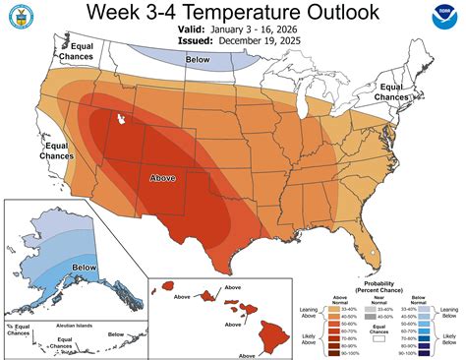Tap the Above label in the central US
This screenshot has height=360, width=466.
coord(164,178)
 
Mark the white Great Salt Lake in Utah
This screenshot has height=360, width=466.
coord(120,119)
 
